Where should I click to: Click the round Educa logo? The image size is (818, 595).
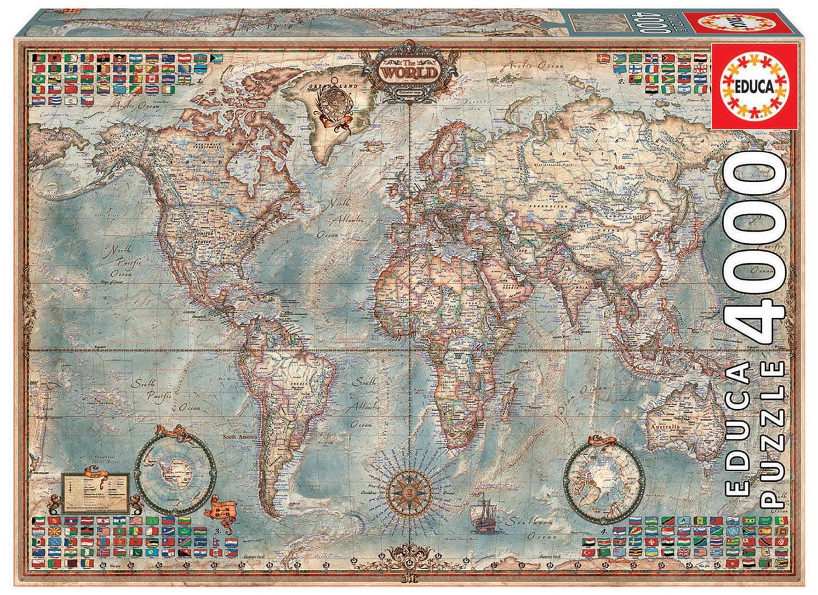point(754,87)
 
